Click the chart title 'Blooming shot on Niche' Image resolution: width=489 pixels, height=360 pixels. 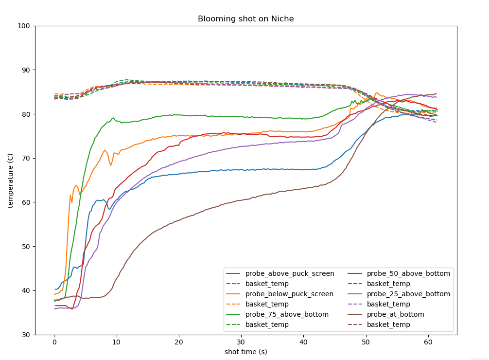coord(245,19)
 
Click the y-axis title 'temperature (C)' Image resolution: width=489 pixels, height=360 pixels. coord(10,180)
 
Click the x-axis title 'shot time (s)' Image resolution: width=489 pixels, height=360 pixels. coord(245,352)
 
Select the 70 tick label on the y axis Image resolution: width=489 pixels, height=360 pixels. coord(25,158)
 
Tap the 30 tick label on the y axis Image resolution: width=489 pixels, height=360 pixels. coord(25,335)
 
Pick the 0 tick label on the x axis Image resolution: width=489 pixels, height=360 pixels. coord(54,342)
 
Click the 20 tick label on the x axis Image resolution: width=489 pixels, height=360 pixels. coord(179,342)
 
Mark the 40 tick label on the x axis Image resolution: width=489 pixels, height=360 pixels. coord(303,342)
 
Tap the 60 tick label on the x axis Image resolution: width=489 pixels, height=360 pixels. coord(428,342)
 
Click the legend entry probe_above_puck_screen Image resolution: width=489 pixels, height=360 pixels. coord(289,274)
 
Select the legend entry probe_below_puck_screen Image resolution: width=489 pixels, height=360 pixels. coord(289,294)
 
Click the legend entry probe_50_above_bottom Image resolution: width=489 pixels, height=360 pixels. coord(408,274)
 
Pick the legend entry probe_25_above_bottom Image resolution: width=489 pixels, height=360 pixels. coord(408,294)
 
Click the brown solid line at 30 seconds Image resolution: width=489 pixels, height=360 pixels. coord(241,200)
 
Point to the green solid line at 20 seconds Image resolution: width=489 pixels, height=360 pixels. coord(179,115)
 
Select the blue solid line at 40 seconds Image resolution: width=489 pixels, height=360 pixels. coord(303,169)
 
